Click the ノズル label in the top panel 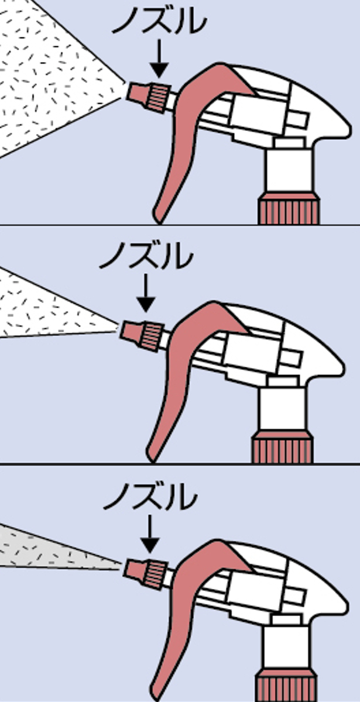159,20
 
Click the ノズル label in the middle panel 146,256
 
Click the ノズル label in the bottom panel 150,496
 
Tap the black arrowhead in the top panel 159,70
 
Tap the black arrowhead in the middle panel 146,305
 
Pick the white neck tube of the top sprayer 289,171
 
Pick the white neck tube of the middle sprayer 282,409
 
